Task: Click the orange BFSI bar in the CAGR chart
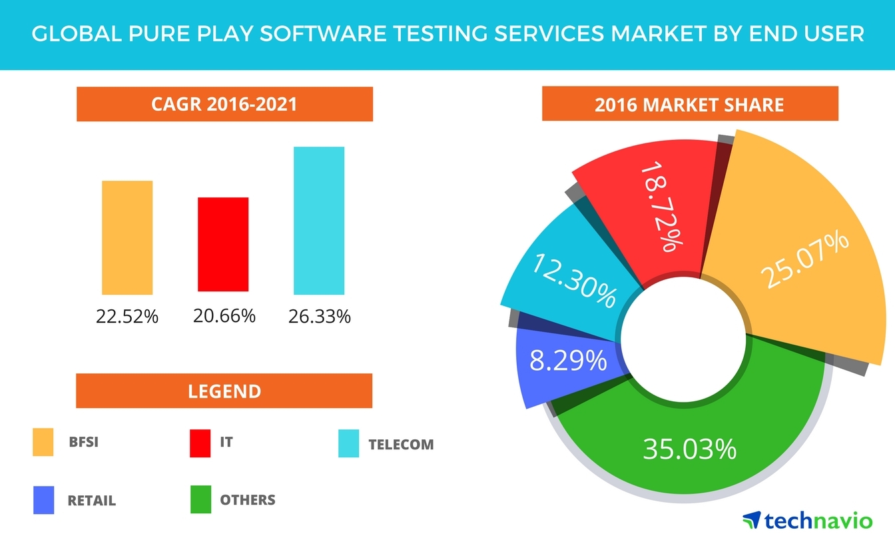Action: (127, 237)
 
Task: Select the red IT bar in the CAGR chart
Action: (223, 245)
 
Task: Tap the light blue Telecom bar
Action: (319, 221)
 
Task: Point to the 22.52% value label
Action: (127, 317)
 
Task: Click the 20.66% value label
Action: (224, 315)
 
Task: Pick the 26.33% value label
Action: (320, 316)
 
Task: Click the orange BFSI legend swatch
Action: (43, 443)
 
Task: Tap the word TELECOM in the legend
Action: (401, 445)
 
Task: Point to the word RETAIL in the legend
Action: (91, 501)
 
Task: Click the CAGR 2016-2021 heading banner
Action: (224, 105)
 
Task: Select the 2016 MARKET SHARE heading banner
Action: (689, 105)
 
